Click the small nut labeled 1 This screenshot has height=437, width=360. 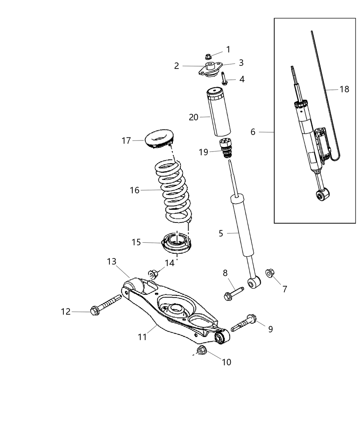pos(208,56)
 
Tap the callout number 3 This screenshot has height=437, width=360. pos(241,63)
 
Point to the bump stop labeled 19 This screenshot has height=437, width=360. pos(225,148)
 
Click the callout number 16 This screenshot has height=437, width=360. pos(135,190)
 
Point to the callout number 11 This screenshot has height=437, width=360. pos(142,337)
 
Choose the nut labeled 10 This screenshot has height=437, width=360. pos(201,350)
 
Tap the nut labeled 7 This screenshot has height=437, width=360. pos(269,273)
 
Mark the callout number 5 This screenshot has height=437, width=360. pos(221,234)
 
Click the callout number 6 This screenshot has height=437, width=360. pos(253,132)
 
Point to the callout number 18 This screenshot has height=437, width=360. pos(344,89)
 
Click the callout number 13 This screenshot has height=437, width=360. pos(112,262)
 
